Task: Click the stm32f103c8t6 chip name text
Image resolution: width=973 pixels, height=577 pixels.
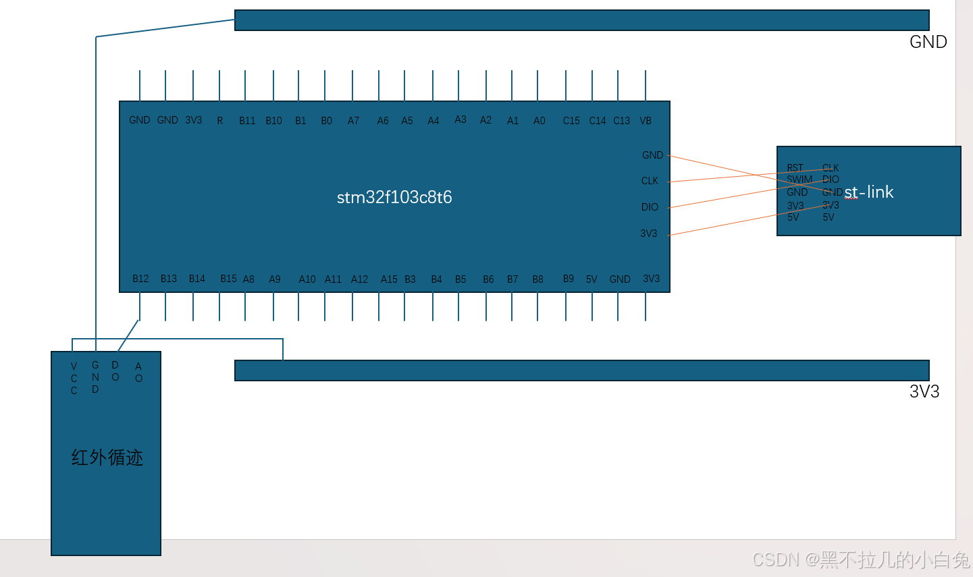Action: pyautogui.click(x=394, y=197)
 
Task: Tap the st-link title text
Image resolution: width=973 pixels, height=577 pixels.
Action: pyautogui.click(x=869, y=192)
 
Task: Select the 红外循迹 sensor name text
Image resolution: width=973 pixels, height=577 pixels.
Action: pyautogui.click(x=107, y=458)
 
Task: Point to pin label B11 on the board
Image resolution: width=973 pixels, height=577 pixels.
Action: pyautogui.click(x=247, y=121)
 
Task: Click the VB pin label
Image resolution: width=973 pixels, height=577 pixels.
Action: pyautogui.click(x=646, y=121)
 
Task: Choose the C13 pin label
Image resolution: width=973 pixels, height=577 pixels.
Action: pyautogui.click(x=621, y=121)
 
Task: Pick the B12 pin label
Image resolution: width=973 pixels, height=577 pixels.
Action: pyautogui.click(x=140, y=279)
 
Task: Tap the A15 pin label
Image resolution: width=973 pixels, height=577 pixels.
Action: pyautogui.click(x=389, y=279)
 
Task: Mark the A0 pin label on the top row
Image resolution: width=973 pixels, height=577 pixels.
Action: pyautogui.click(x=539, y=121)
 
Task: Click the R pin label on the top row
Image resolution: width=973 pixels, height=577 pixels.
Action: pyautogui.click(x=220, y=121)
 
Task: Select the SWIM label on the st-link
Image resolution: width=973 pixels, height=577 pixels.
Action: pyautogui.click(x=799, y=180)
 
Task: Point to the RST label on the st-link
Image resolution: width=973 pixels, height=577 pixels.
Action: pyautogui.click(x=795, y=168)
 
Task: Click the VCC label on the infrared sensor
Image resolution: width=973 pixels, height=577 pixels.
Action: pyautogui.click(x=74, y=378)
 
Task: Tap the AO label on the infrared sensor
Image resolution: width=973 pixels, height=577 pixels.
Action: pyautogui.click(x=138, y=373)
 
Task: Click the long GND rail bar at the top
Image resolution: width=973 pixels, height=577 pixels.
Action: pyautogui.click(x=581, y=20)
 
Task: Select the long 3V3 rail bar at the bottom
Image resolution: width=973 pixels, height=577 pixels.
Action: pyautogui.click(x=581, y=370)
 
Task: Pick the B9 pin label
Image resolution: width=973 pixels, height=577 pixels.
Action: pyautogui.click(x=569, y=279)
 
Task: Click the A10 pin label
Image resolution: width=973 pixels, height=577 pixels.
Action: pyautogui.click(x=307, y=279)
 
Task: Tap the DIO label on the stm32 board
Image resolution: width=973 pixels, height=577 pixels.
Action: pyautogui.click(x=650, y=207)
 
